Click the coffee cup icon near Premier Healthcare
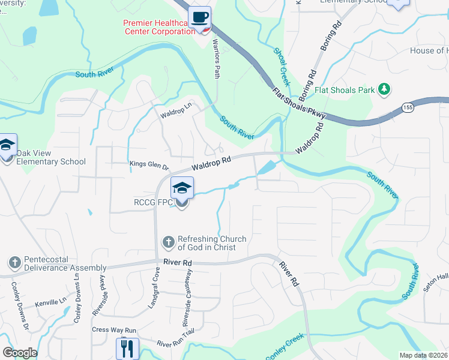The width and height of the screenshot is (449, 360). (x=199, y=17)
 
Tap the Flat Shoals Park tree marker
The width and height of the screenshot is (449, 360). (x=384, y=90)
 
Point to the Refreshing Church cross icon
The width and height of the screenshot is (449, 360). (x=169, y=242)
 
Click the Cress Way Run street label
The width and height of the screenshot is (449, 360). (x=114, y=330)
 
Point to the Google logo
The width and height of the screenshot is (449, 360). (x=20, y=353)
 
